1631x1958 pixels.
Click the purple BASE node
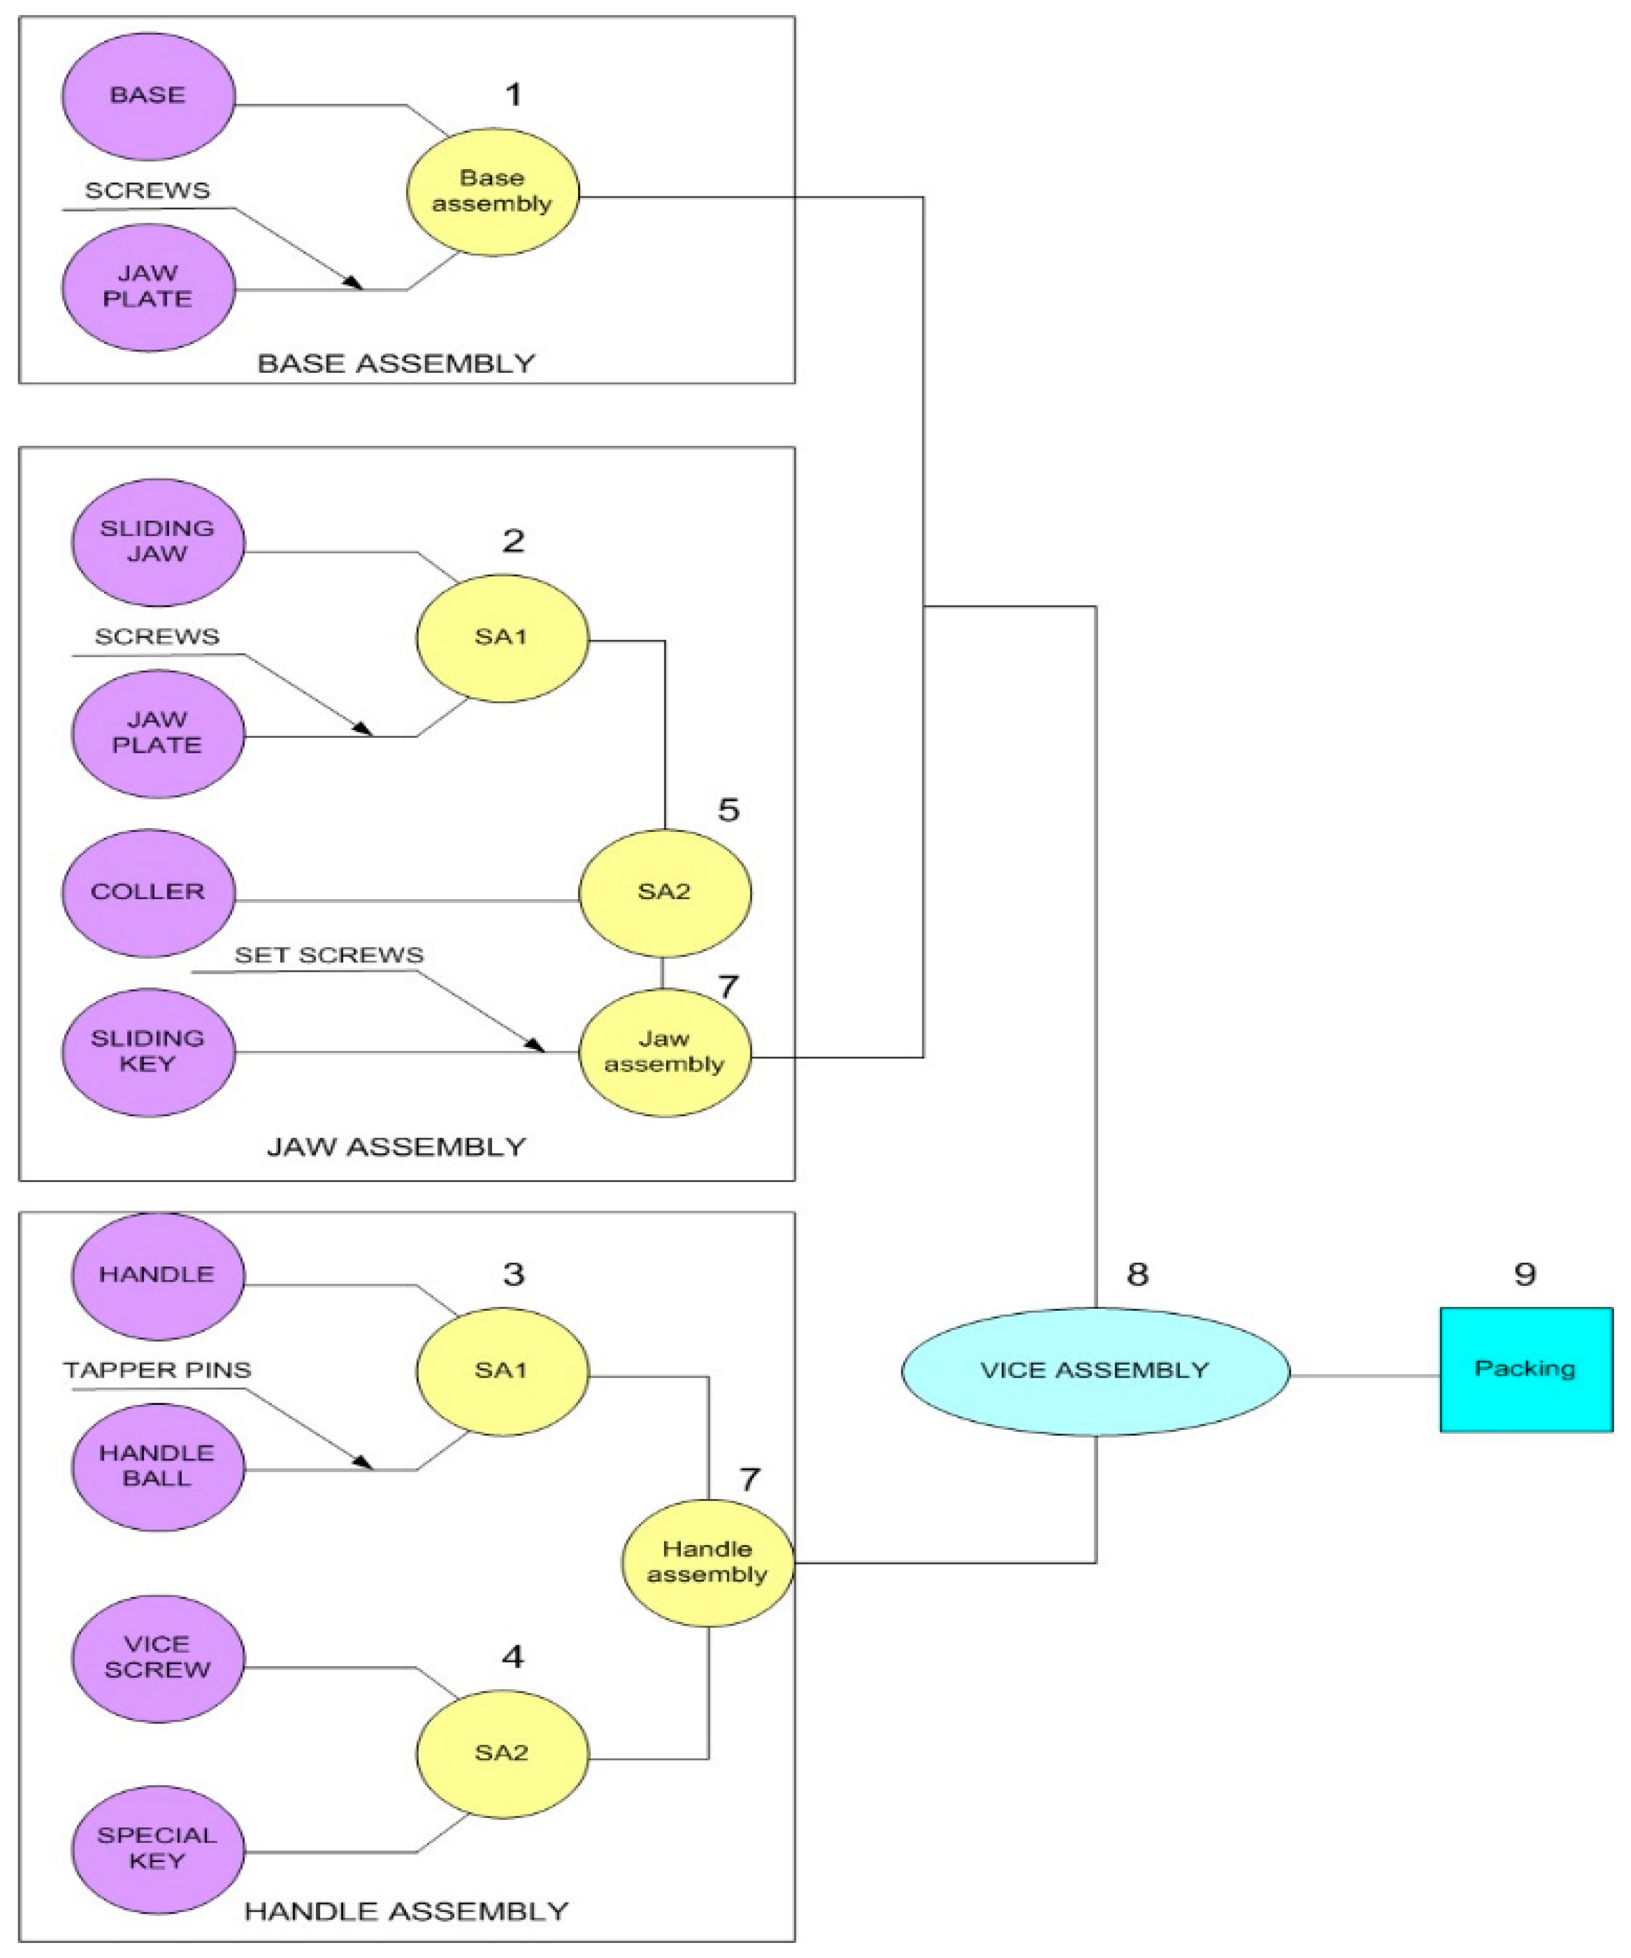point(148,96)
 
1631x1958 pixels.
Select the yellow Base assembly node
point(492,192)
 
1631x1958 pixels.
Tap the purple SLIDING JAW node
point(157,542)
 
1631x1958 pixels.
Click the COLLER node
point(148,892)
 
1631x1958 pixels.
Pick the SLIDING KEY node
point(148,1052)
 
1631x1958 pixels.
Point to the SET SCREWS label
point(329,956)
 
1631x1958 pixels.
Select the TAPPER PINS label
point(157,1370)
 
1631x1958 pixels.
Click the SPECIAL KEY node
point(157,1848)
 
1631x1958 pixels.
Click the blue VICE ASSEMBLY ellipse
point(1095,1371)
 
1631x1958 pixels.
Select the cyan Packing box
point(1526,1370)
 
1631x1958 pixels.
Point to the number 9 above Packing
point(1525,1274)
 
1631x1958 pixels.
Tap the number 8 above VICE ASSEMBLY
point(1137,1274)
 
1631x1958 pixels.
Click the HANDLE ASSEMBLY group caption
point(407,1911)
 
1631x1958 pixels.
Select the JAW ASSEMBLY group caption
point(397,1147)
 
